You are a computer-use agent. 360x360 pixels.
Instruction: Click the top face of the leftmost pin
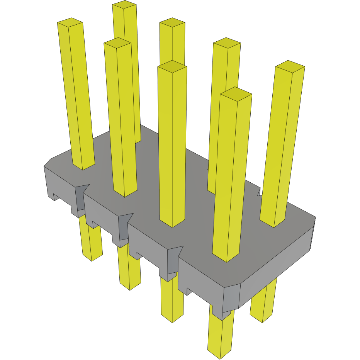[x=70, y=22]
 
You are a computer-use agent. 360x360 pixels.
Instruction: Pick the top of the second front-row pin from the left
[x=117, y=43]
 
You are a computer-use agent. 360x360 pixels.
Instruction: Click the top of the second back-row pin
[x=172, y=22]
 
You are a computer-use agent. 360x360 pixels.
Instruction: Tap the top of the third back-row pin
[x=227, y=43]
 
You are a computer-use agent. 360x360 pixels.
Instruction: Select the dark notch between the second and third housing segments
[x=124, y=228]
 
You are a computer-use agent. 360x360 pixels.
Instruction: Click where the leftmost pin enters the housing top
[x=83, y=165]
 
